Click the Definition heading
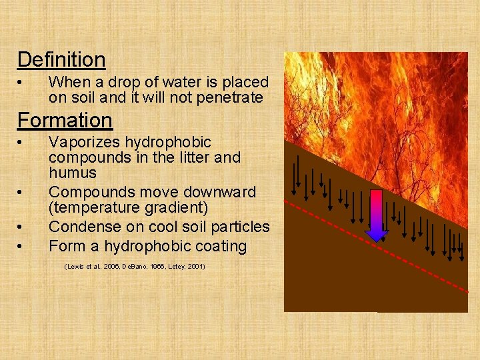coord(61,60)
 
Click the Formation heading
coord(65,121)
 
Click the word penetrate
coord(229,98)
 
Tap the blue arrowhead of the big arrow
coord(377,234)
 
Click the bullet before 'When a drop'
coord(21,83)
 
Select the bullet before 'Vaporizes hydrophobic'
coord(21,143)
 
